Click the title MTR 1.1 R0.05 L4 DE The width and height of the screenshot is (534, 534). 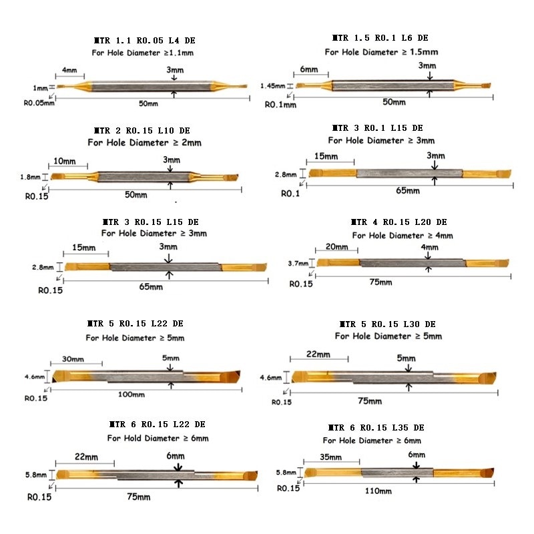click(144, 41)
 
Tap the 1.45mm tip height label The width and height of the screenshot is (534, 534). click(273, 86)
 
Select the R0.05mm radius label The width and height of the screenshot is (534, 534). click(39, 103)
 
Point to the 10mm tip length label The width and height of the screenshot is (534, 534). click(65, 161)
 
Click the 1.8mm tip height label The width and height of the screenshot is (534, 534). click(30, 177)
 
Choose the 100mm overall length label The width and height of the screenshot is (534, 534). click(131, 394)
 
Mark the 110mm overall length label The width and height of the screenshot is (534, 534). click(378, 491)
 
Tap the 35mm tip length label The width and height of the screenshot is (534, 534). click(330, 457)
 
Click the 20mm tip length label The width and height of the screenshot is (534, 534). click(337, 246)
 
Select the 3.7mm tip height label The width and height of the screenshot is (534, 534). click(298, 263)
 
